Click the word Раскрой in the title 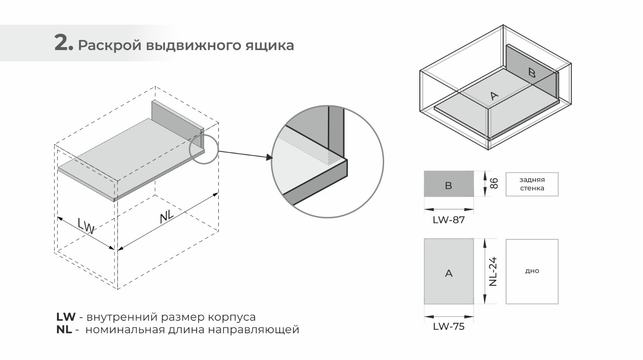click(110, 45)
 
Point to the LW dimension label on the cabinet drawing click(86, 225)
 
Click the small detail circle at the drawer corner click(204, 149)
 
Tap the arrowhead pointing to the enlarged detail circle click(269, 158)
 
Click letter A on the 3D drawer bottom click(495, 96)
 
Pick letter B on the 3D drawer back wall click(532, 73)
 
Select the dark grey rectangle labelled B click(448, 184)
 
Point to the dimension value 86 click(495, 183)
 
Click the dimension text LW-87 click(448, 220)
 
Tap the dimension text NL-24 click(493, 272)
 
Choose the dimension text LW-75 click(448, 327)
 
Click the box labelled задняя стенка click(532, 184)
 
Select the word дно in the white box click(532, 271)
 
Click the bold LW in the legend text click(66, 317)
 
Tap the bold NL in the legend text click(64, 330)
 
